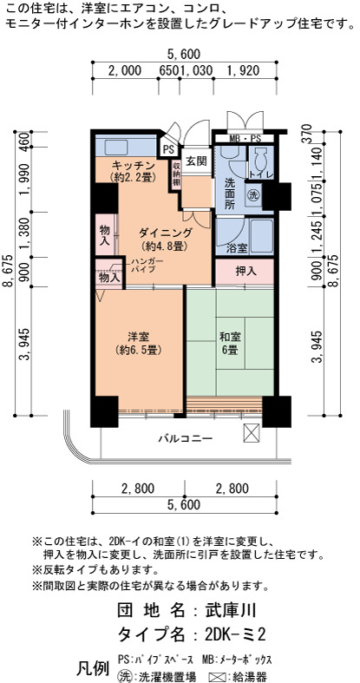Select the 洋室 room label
coord(139,336)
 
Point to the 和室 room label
coord(230,337)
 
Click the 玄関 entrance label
coord(196,161)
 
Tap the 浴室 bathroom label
coord(237,248)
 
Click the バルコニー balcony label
coord(186,438)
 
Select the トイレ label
coord(261,174)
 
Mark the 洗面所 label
coord(230,194)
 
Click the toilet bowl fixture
coord(262,158)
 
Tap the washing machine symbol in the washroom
coord(253,194)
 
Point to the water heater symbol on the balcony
coord(252,432)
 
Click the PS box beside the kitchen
coord(168,149)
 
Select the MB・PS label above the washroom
coord(245,139)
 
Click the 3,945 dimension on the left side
coord(24,345)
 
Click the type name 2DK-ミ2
coord(235,634)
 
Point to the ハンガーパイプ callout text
coord(147,266)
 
